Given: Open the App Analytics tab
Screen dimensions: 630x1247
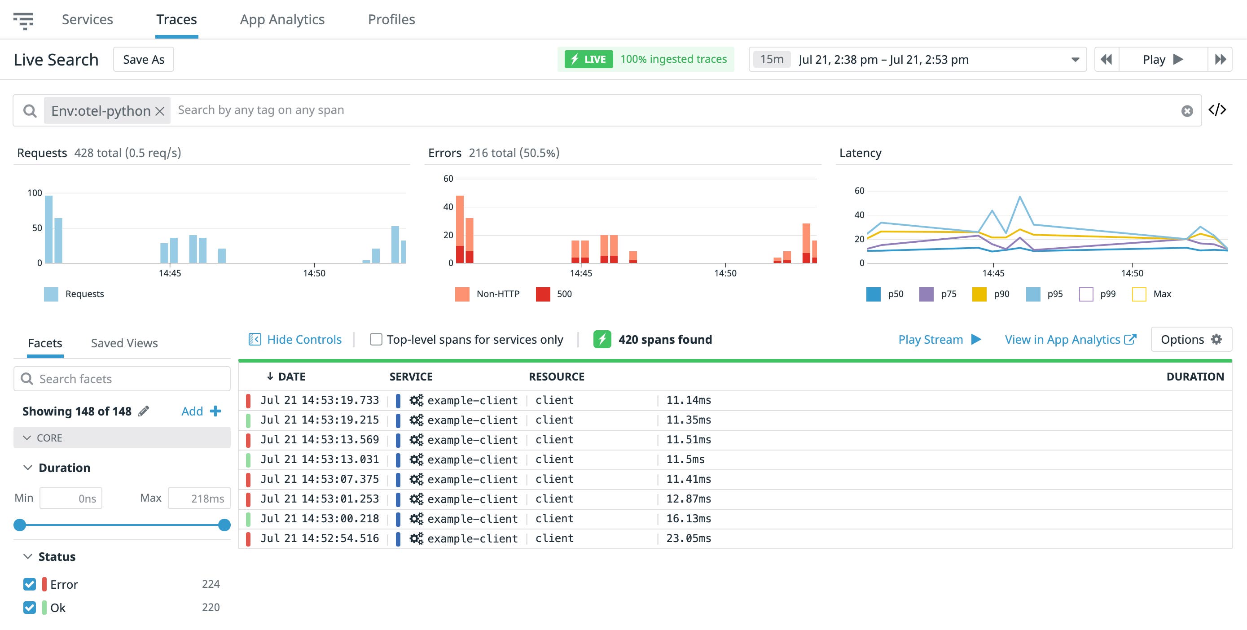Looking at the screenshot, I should pyautogui.click(x=282, y=19).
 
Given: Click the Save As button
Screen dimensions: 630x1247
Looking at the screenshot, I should pyautogui.click(x=143, y=60).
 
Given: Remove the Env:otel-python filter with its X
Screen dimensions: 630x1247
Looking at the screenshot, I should pyautogui.click(x=160, y=111).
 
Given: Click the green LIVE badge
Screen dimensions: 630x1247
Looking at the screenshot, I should pyautogui.click(x=588, y=59).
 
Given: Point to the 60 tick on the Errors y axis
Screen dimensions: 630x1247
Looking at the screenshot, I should pyautogui.click(x=448, y=179).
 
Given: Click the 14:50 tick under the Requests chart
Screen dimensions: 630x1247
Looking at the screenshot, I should pyautogui.click(x=314, y=273).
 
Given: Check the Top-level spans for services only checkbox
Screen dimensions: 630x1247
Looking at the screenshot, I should pyautogui.click(x=376, y=339).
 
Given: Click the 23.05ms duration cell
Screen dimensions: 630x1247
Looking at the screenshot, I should pyautogui.click(x=689, y=538).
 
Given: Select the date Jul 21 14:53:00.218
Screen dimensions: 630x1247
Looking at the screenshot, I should pyautogui.click(x=320, y=518).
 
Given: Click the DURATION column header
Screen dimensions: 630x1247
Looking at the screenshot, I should pyautogui.click(x=1195, y=376).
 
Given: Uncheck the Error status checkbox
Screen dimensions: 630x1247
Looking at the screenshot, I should pyautogui.click(x=30, y=584).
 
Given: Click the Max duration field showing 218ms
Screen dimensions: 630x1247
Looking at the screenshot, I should pyautogui.click(x=199, y=499).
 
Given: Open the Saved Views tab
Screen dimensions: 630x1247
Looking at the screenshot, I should pyautogui.click(x=124, y=343).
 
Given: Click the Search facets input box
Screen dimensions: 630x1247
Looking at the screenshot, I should pyautogui.click(x=122, y=379).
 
